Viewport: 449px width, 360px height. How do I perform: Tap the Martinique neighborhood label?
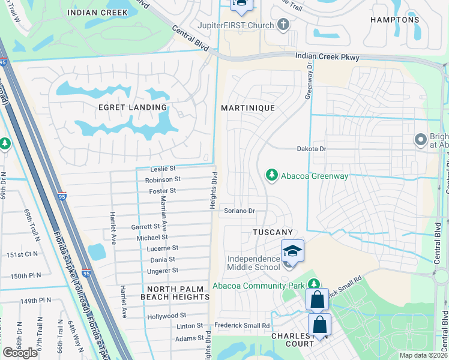coord(247,108)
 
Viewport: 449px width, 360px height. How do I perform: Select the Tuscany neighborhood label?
coord(273,232)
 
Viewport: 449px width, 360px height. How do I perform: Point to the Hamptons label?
coord(394,20)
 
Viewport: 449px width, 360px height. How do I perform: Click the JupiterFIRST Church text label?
coord(235,26)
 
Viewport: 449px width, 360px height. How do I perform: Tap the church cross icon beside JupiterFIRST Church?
coord(283,25)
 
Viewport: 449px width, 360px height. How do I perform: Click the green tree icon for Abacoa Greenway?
coord(272,175)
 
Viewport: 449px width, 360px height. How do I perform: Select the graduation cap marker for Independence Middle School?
coord(292,251)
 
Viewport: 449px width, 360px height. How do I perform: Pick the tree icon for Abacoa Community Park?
coord(313,284)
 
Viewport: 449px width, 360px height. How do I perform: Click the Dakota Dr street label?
coord(311,149)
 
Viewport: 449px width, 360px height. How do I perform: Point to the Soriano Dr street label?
coord(240,211)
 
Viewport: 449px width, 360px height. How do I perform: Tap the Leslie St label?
coord(163,169)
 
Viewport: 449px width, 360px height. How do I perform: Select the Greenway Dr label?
coord(310,84)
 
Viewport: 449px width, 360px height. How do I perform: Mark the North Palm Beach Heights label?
coord(175,293)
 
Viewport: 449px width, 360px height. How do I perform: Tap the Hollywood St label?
coord(166,316)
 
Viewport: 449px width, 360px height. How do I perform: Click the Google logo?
coord(20,353)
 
